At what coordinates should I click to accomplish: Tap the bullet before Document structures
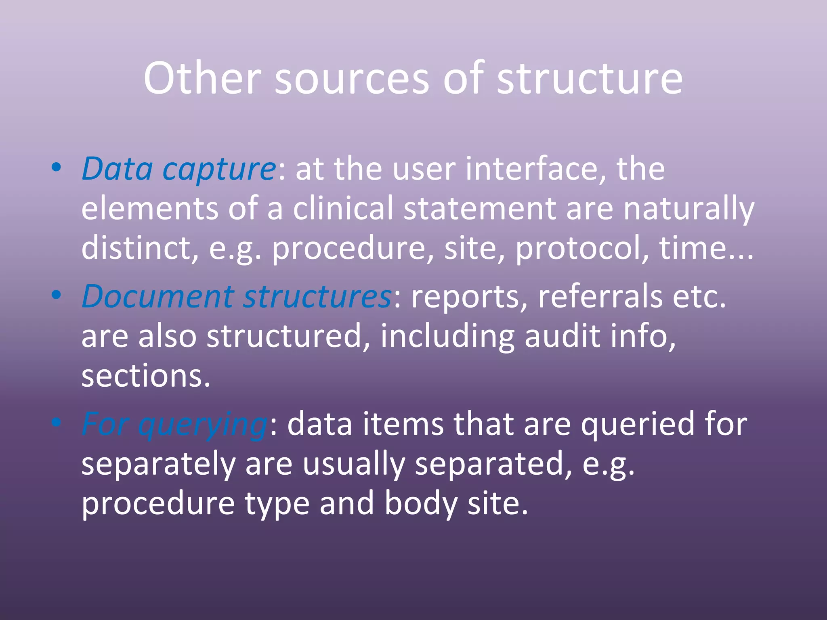coord(57,294)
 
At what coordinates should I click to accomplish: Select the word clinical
coord(343,208)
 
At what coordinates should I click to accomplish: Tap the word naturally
coord(688,208)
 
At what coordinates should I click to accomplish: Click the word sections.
coord(146,376)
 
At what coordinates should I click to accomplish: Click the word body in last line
coord(420,503)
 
